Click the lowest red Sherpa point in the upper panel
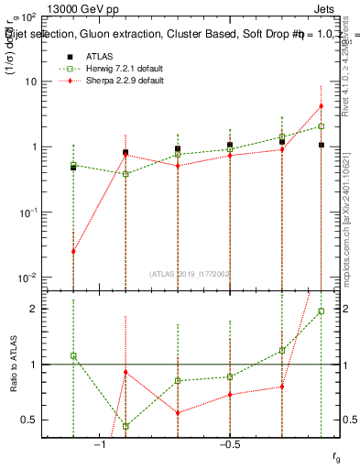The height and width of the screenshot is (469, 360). (73, 251)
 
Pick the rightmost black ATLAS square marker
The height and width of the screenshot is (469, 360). (322, 145)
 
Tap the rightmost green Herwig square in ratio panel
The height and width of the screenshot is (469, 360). (322, 311)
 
